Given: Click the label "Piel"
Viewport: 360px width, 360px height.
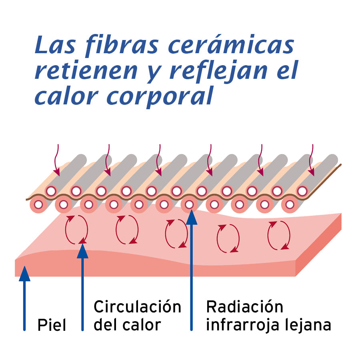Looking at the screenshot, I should (x=52, y=325).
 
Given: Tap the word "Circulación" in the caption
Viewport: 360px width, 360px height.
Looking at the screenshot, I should (x=137, y=307).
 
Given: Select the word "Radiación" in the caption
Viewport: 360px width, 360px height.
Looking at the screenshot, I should (x=244, y=307).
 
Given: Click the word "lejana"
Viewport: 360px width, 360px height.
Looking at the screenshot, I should (x=309, y=325).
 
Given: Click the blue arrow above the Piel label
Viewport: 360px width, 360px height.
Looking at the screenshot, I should (x=25, y=296).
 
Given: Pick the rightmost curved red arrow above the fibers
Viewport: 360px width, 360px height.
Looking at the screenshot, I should (x=311, y=160).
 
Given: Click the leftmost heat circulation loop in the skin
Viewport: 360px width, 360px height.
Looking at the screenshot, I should (x=76, y=230).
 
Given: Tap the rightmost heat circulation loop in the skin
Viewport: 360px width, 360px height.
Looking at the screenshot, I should (x=279, y=236).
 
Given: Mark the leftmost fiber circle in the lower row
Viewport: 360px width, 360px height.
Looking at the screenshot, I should (x=38, y=205).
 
